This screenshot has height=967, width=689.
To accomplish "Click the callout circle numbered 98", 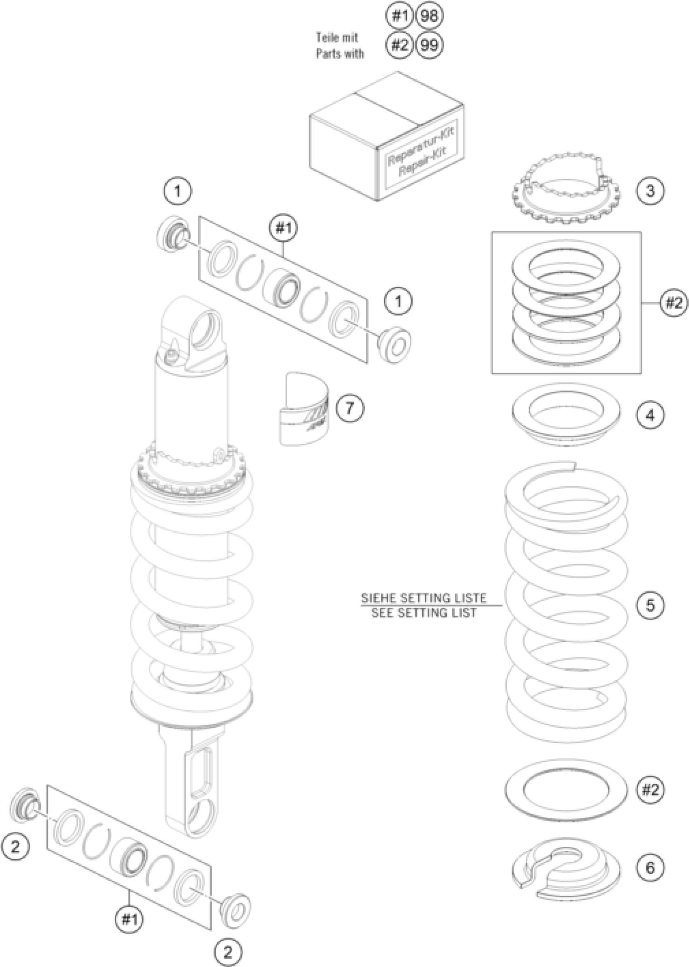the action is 430,16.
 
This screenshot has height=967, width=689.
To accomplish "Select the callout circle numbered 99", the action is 430,45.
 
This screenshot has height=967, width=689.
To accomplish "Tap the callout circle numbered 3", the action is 650,190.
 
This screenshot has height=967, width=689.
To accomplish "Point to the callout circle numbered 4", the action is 650,415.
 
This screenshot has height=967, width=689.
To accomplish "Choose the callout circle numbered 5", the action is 650,605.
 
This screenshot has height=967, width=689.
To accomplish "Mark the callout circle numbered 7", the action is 350,408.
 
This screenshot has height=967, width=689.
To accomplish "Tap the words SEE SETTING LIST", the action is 424,613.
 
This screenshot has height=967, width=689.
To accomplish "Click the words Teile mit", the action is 337,37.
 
